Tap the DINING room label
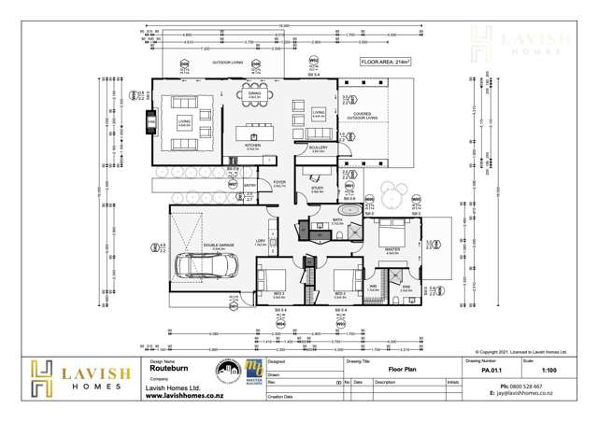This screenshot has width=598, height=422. (254, 93)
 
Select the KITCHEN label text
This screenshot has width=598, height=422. (251, 146)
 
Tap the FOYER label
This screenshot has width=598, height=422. (278, 183)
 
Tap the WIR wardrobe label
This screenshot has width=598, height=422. (373, 288)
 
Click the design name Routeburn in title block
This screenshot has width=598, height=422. (164, 370)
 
